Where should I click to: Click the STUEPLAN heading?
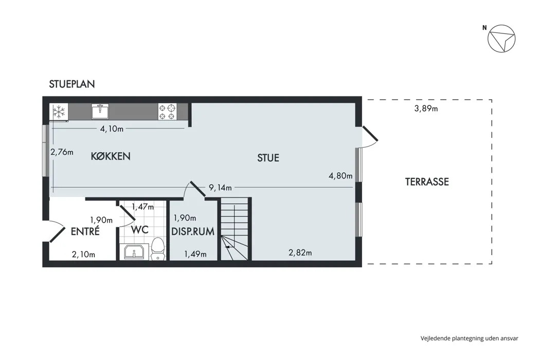click(x=71, y=84)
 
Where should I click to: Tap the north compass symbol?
click(x=501, y=39)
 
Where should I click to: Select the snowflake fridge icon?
click(x=59, y=112)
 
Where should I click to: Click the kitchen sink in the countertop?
click(x=100, y=111)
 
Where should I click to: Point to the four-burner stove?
click(x=167, y=112)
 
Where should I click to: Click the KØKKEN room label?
click(x=111, y=156)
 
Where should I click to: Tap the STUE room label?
click(x=268, y=158)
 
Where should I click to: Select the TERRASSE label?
click(x=427, y=182)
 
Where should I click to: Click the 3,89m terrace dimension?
click(x=426, y=109)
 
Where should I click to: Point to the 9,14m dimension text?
click(x=221, y=188)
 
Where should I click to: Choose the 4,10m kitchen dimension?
click(x=112, y=129)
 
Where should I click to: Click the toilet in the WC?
click(x=158, y=249)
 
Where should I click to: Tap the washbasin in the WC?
click(x=134, y=252)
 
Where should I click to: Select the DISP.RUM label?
click(x=193, y=231)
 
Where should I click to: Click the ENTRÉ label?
click(x=85, y=231)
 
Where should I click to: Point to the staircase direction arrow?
click(x=229, y=247)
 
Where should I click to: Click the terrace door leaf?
click(x=370, y=134)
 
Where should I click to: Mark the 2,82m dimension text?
click(x=300, y=253)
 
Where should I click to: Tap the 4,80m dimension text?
click(x=340, y=176)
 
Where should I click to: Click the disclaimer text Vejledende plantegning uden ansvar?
click(x=470, y=338)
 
